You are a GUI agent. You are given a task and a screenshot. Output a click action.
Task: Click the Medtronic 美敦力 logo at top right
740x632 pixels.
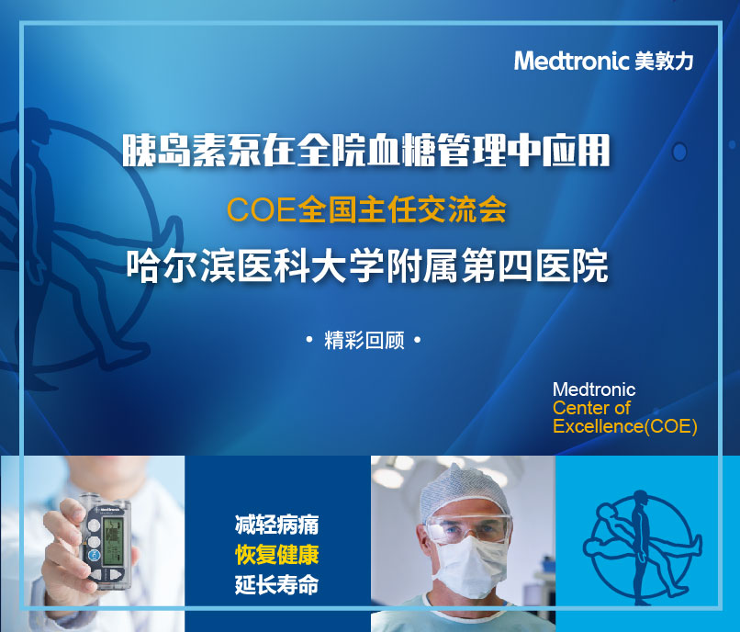[x=603, y=61]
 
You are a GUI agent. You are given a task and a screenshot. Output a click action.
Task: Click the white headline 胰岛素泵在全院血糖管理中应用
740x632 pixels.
[x=366, y=151]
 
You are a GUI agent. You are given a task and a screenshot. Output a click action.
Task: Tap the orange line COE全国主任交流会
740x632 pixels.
[x=366, y=209]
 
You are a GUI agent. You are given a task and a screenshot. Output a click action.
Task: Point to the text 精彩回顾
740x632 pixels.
[x=364, y=340]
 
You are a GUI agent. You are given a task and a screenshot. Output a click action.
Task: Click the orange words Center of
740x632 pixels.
[x=591, y=408]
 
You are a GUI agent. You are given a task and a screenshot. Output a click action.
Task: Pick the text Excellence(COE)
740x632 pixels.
[x=625, y=426]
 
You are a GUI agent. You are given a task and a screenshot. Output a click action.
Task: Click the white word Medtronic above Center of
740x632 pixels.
[x=594, y=389]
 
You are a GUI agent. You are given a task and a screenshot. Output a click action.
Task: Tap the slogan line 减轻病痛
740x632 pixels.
[x=276, y=525]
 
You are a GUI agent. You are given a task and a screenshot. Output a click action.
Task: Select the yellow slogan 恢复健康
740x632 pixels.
[x=276, y=555]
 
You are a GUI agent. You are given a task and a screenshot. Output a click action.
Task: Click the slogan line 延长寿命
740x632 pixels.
[x=276, y=585]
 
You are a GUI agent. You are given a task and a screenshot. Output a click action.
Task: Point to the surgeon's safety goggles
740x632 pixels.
[x=468, y=527]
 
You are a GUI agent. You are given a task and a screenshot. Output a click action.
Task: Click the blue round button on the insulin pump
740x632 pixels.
[x=95, y=556]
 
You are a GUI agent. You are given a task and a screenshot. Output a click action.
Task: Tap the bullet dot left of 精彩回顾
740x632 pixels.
[x=309, y=339]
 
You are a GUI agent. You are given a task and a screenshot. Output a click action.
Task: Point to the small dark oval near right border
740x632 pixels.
[x=679, y=152]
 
